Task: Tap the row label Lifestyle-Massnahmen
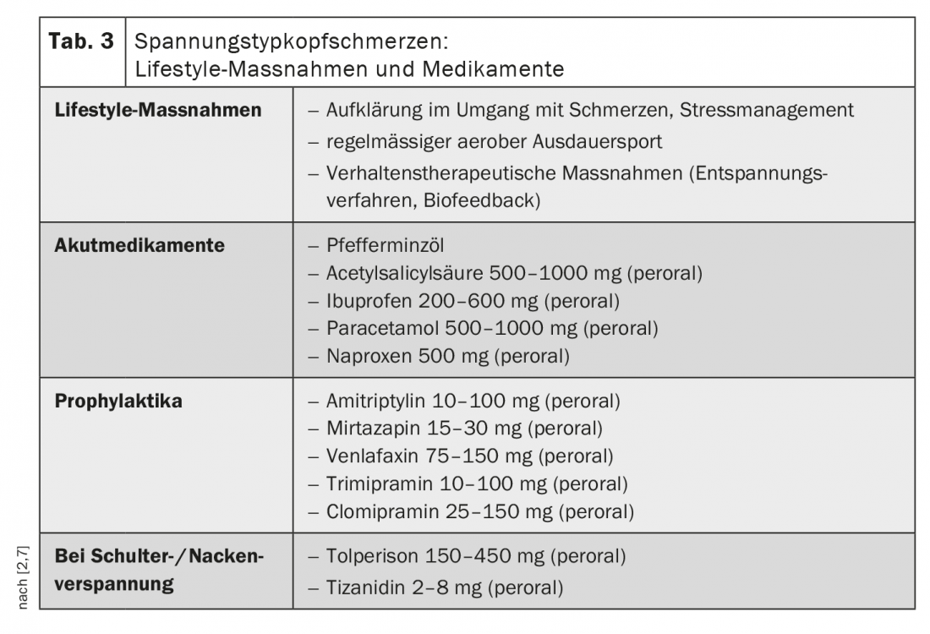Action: pos(158,111)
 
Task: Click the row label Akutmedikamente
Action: pos(139,246)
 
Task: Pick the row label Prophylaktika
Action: pos(118,401)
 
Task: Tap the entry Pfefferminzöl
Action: pos(385,246)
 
